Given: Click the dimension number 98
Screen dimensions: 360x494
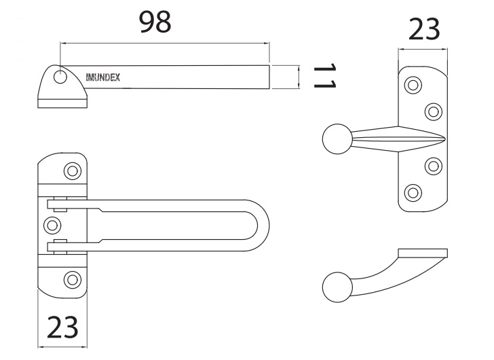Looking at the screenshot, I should pos(155,22).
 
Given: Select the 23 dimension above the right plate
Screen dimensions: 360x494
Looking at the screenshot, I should pos(423,30).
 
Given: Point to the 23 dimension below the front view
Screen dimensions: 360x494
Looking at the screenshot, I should pos(62,327).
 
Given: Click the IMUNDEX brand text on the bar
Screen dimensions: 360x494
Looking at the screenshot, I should pos(103,77).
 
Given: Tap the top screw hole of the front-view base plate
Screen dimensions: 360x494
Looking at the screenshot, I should pos(71,170).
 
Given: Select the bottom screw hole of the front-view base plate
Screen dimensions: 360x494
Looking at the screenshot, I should pos(71,278).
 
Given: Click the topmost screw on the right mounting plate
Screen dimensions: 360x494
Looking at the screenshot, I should pos(412,85).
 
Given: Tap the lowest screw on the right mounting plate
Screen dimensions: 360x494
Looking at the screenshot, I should pos(412,192).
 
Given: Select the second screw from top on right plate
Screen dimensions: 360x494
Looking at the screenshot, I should pos(432,111).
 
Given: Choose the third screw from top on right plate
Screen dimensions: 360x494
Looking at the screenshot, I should pos(432,165).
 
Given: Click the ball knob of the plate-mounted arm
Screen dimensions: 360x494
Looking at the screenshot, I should pos(337,139).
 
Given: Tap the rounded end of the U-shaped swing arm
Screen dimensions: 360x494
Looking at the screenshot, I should pos(261,224).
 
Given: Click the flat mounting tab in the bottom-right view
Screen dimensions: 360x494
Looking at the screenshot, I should pos(423,254).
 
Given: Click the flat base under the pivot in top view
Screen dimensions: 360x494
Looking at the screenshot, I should pos(63,103).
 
